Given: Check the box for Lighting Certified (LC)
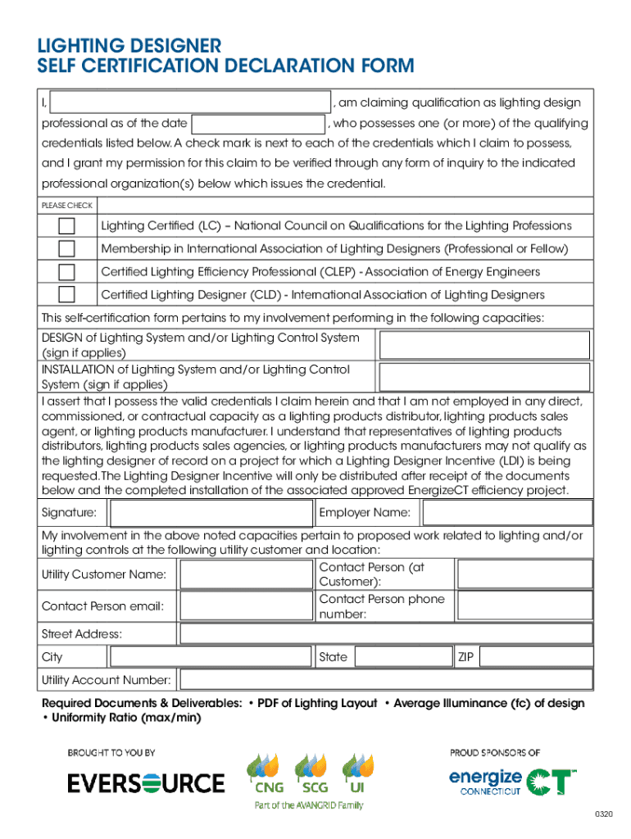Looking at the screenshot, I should click(66, 225).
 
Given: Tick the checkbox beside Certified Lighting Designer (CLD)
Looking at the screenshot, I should click(66, 294).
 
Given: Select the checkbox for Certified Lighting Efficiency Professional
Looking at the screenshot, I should click(66, 271).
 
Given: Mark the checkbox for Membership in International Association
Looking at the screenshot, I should click(66, 248).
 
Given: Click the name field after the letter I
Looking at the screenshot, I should click(190, 102).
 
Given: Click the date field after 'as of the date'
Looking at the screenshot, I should click(258, 124).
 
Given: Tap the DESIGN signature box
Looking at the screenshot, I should click(483, 345).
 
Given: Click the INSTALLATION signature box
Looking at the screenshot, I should click(483, 377).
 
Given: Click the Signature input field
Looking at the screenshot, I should click(211, 514).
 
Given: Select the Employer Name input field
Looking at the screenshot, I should click(506, 514).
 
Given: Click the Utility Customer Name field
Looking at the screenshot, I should click(246, 574).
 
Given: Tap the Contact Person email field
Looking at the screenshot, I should click(246, 606).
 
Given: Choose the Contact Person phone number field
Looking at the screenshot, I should click(524, 606).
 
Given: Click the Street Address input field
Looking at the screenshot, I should click(385, 634).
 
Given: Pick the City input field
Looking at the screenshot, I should click(211, 657).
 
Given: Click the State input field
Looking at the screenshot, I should click(403, 657).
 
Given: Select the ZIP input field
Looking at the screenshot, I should click(535, 657).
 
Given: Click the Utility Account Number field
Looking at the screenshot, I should click(385, 680).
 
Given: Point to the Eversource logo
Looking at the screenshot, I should click(146, 782).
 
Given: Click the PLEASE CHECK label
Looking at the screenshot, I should click(67, 205).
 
